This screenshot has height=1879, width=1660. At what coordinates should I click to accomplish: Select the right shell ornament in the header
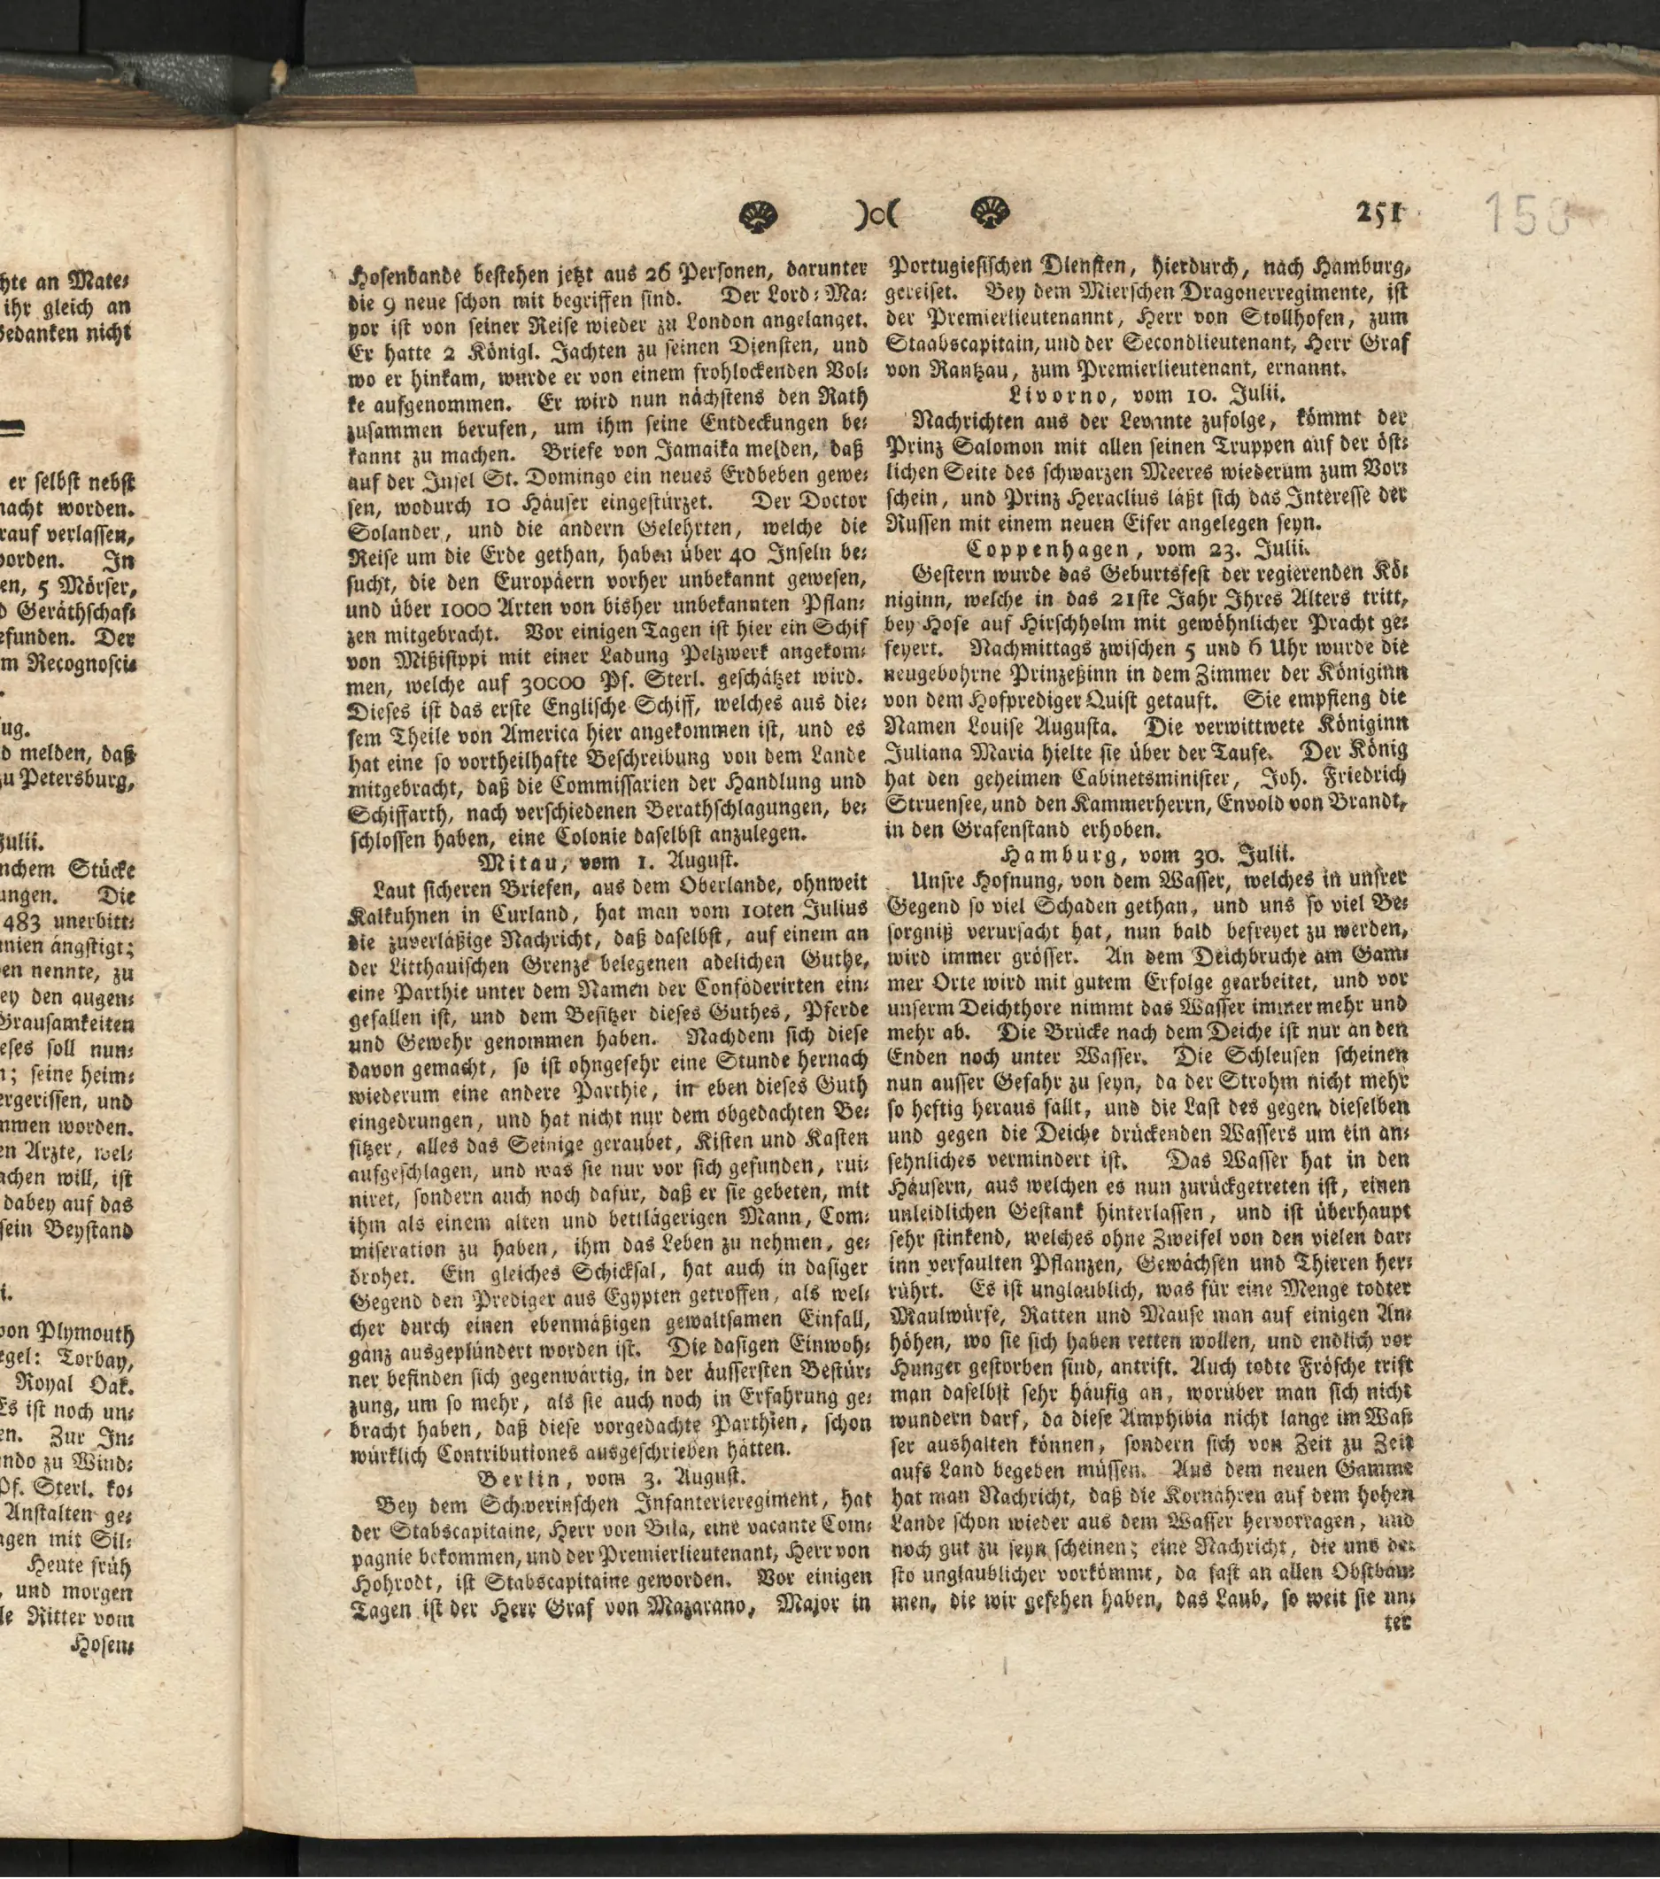990,214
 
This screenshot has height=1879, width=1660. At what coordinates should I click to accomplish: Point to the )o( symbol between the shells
874,216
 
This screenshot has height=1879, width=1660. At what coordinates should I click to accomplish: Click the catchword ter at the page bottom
1396,1622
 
